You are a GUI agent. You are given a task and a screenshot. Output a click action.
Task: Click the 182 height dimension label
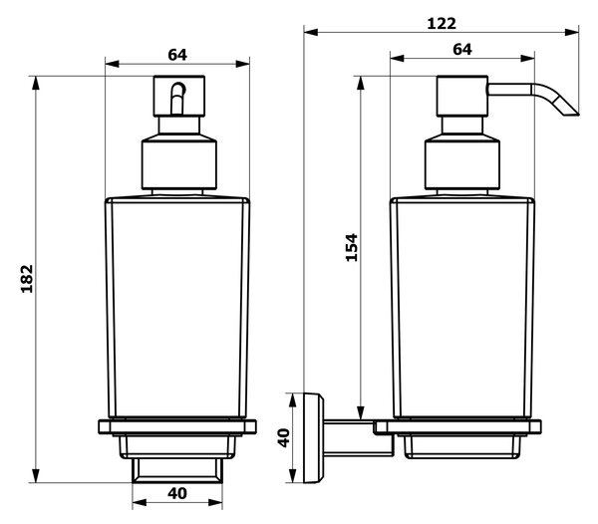pyautogui.click(x=27, y=279)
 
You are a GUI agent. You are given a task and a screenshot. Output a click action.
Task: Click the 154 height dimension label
pyautogui.click(x=352, y=247)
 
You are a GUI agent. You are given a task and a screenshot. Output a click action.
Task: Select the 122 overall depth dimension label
pyautogui.click(x=442, y=24)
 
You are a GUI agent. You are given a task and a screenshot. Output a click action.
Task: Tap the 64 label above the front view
pyautogui.click(x=177, y=55)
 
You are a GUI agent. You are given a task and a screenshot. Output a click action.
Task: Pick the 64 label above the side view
pyautogui.click(x=462, y=49)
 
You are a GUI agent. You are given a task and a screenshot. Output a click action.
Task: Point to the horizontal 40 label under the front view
pyautogui.click(x=177, y=493)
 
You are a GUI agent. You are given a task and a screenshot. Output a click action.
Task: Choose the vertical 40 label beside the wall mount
pyautogui.click(x=284, y=438)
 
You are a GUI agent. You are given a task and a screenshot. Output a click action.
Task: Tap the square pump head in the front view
pyautogui.click(x=179, y=96)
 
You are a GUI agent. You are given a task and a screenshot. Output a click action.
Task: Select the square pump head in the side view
pyautogui.click(x=462, y=96)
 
